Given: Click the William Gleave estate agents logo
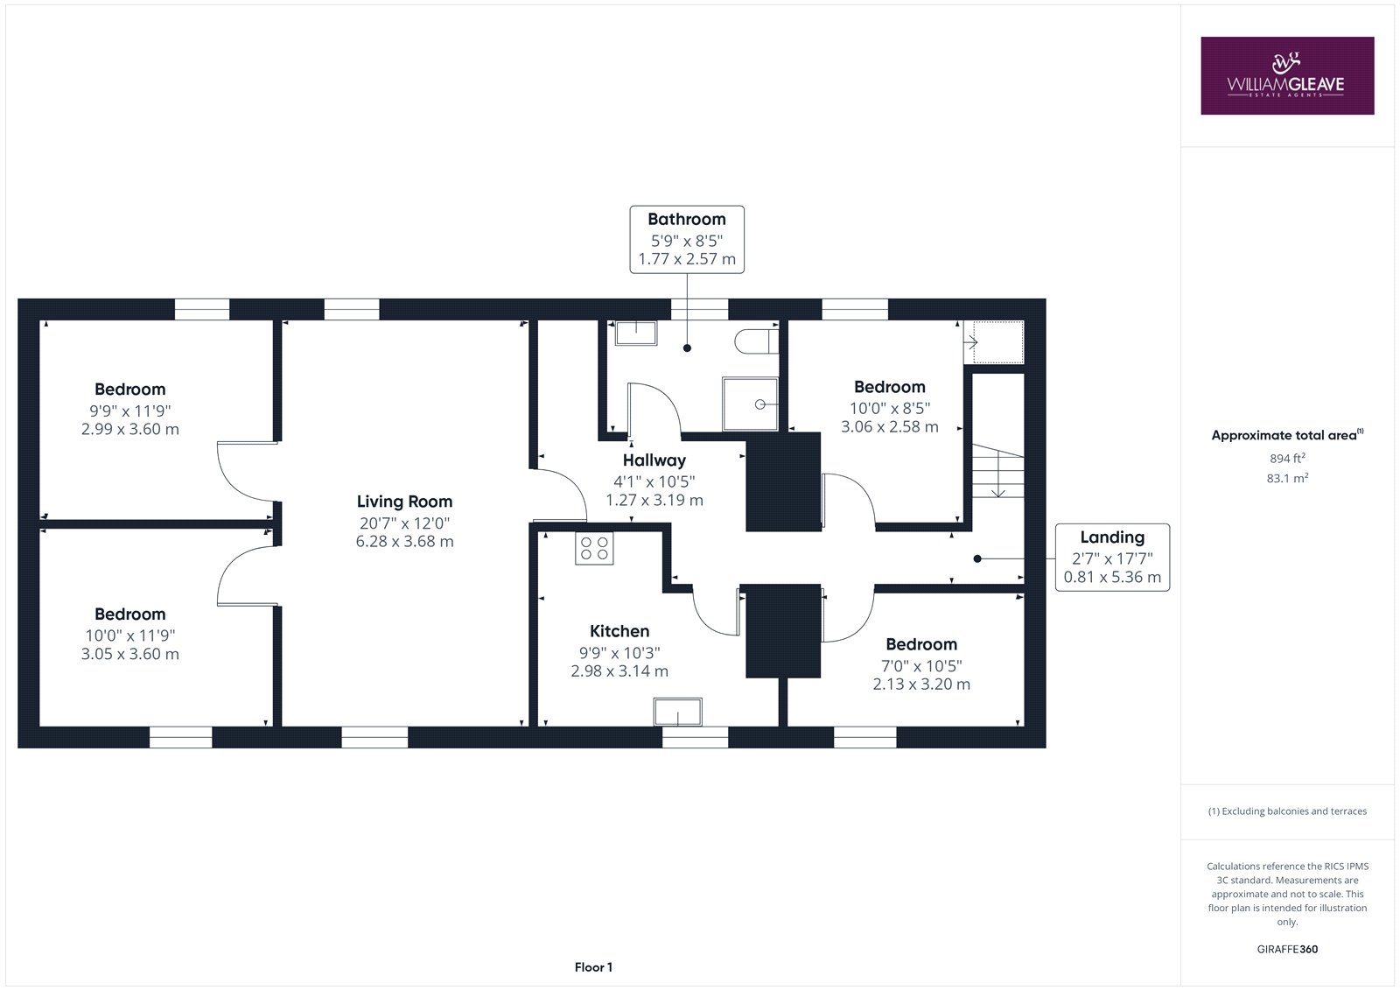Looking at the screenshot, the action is click(1287, 75).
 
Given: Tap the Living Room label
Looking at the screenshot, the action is click(404, 502).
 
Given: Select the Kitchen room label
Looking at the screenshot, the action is click(619, 631).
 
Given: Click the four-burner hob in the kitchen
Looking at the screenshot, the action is click(594, 549).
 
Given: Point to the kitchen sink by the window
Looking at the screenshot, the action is click(678, 712).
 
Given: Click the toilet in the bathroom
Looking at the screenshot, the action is click(757, 341).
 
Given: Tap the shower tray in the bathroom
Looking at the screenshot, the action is click(750, 404).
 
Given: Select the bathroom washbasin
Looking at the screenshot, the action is click(636, 334).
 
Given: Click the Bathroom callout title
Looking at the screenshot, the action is click(687, 220).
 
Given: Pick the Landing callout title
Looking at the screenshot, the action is click(1112, 537).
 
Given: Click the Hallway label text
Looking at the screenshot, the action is click(654, 460).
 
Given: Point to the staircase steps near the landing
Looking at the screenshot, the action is click(997, 471).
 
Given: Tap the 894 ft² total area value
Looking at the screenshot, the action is click(1287, 459).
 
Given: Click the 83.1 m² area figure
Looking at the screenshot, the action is click(1287, 479).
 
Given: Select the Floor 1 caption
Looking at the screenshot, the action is click(593, 967).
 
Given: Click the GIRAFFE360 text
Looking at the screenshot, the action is click(1287, 950).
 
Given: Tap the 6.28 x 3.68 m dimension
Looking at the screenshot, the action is click(404, 542).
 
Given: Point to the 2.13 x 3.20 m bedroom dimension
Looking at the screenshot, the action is click(921, 685).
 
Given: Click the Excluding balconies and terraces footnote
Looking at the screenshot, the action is click(1287, 811).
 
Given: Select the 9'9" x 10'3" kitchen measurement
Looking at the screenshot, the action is click(619, 653).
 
